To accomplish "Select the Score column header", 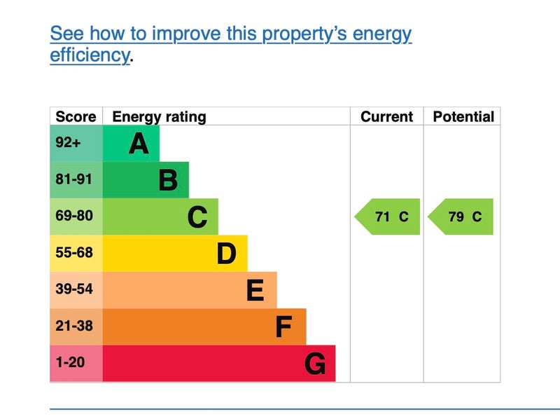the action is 76,116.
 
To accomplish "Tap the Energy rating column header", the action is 160,117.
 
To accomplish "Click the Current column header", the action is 387,116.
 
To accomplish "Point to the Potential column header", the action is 463,116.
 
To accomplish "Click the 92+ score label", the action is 68,142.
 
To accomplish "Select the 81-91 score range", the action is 74,179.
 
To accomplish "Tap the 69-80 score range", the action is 74,216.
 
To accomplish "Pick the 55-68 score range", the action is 74,252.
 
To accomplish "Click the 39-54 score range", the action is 74,289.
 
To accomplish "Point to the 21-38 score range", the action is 74,326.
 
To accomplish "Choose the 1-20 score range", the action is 71,362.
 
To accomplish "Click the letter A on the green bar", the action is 139,144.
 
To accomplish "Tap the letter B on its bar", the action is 168,180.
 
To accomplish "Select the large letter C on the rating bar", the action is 197,217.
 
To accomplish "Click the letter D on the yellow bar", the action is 226,253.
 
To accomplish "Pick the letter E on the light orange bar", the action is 255,290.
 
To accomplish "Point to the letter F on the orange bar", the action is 283,327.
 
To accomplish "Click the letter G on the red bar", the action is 315,364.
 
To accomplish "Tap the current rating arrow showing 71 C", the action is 387,217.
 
